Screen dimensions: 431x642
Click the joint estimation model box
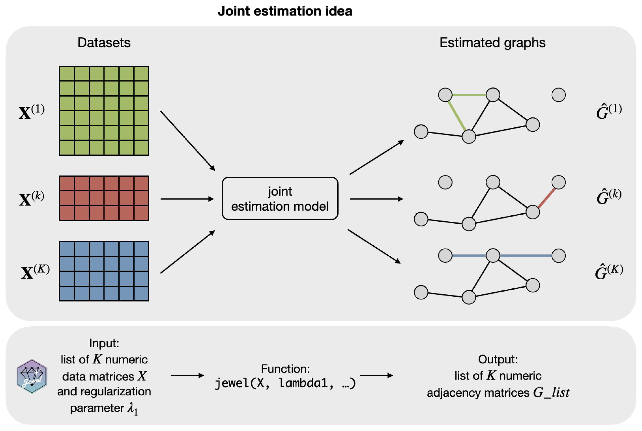[280, 199]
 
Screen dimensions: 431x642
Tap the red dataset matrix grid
[104, 198]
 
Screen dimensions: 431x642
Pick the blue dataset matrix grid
[104, 271]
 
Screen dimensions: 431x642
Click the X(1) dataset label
[32, 112]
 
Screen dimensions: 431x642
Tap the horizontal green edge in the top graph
[469, 95]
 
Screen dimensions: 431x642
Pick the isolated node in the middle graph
[445, 182]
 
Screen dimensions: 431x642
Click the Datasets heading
[104, 43]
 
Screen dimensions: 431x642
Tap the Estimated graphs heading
[492, 43]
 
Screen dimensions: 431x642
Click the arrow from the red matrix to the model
[187, 199]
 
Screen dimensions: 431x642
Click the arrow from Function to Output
[376, 375]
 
